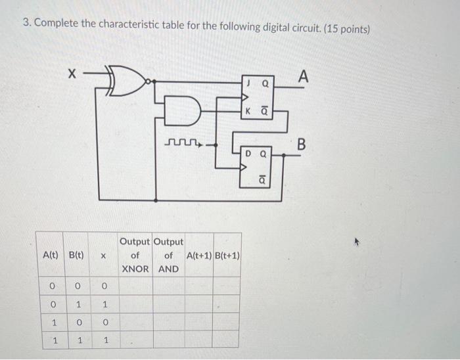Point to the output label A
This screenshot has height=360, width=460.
302,77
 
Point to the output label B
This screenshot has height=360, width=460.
302,143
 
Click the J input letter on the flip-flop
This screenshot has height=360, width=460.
249,84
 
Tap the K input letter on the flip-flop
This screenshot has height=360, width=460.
248,111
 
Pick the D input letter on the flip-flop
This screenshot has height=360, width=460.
249,156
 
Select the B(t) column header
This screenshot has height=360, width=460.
77,256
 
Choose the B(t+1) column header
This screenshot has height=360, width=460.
227,256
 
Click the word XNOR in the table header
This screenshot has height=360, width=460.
135,269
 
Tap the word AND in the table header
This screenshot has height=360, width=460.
168,269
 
